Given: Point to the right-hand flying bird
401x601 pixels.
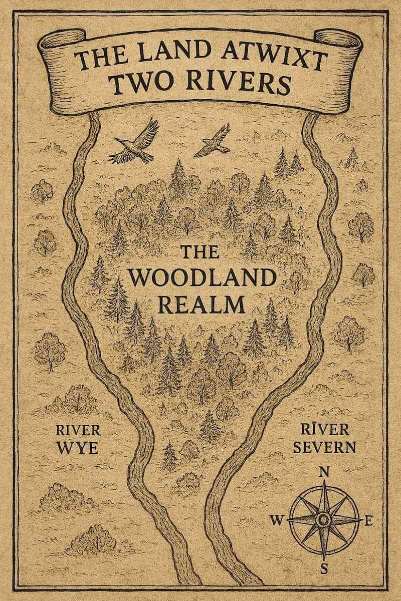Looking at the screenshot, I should (213, 141).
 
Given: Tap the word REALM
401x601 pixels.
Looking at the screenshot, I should (200, 304).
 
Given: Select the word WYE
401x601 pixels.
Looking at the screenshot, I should (78, 447).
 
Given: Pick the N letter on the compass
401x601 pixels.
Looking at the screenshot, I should (324, 471).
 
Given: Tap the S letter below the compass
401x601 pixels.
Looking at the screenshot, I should (324, 568).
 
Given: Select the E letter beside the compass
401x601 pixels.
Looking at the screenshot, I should (369, 521).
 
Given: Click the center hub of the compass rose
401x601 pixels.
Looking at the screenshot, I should (324, 520).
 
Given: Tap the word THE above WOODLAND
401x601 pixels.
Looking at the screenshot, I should (199, 252).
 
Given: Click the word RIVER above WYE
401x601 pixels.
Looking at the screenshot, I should (78, 430).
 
